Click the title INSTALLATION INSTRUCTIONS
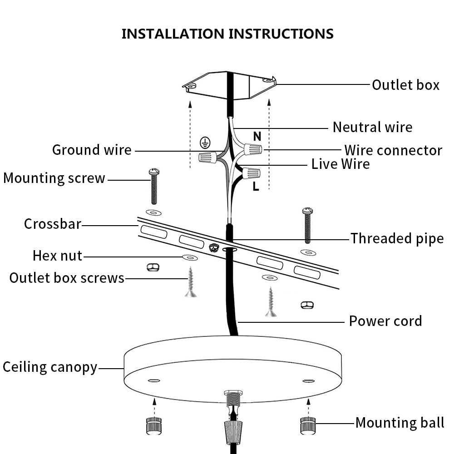click(227, 34)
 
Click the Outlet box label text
click(405, 85)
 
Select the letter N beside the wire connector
click(257, 136)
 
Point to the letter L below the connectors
click(256, 187)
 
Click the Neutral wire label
click(372, 127)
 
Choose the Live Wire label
click(340, 163)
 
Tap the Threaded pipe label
click(397, 238)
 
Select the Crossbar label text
click(52, 224)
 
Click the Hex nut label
click(57, 256)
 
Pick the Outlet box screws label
click(67, 278)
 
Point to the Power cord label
click(385, 321)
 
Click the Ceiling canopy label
click(50, 367)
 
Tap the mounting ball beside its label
click(308, 425)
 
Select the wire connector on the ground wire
click(207, 158)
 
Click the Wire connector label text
click(393, 150)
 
